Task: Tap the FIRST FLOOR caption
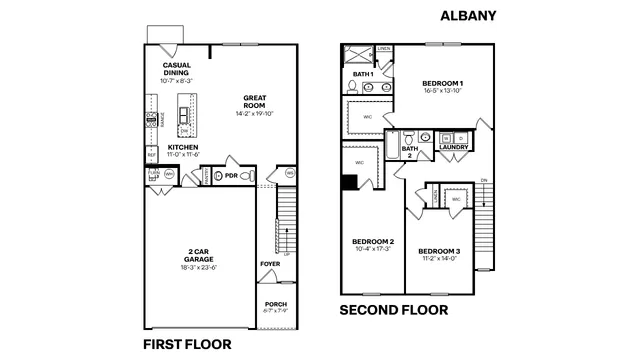pos(187,343)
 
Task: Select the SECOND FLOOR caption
pos(394,309)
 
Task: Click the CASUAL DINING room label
pos(177,68)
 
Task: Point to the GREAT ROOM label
pos(256,100)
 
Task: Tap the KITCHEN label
pos(183,147)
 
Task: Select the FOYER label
pos(270,264)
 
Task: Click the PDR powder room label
pos(231,176)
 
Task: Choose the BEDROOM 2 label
pos(372,241)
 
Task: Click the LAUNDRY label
pos(454,147)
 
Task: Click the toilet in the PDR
pos(251,176)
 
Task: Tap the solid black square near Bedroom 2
pos(349,182)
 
